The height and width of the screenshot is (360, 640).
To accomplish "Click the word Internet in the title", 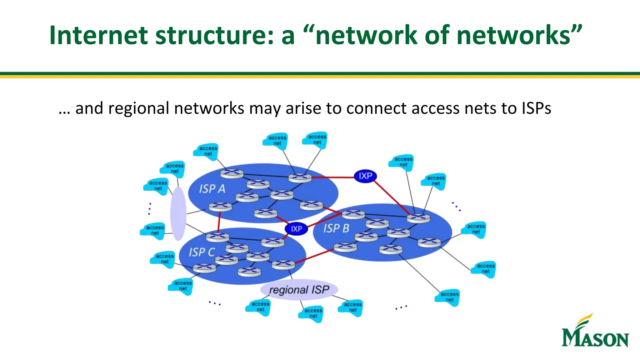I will point(98,35).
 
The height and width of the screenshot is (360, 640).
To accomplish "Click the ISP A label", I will point(212,189).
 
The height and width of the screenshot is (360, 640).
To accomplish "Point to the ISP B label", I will point(336,228).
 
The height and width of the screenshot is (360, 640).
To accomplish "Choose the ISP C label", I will point(202,252).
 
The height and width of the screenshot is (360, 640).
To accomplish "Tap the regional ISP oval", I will point(299,290).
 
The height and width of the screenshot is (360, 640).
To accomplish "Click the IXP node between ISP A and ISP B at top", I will point(365,176).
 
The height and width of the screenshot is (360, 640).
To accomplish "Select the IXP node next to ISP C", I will point(296,229).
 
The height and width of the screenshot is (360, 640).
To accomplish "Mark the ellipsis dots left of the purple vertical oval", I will point(150,208).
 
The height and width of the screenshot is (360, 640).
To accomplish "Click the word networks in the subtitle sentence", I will point(209,109).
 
